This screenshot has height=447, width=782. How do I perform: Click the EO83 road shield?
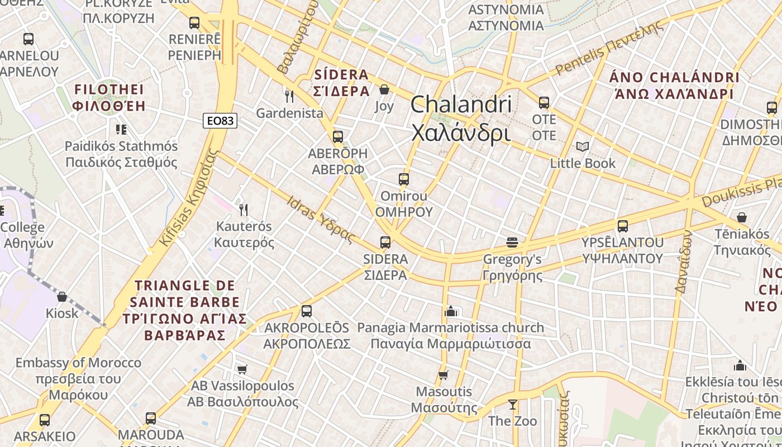point(220,121)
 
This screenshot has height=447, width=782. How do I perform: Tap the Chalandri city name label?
point(461,118)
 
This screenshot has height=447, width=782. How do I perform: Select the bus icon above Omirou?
point(404,179)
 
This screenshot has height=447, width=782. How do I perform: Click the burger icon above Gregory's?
point(512,242)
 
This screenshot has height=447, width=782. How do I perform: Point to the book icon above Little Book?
point(583,146)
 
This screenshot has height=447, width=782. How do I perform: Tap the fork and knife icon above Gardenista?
point(289,96)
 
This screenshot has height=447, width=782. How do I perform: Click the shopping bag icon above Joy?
point(384,89)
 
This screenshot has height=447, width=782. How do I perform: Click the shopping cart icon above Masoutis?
point(444,375)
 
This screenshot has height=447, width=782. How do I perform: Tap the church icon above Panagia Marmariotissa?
point(451,311)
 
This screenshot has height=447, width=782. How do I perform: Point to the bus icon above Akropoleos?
point(307,311)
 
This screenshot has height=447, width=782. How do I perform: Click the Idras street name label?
point(321,219)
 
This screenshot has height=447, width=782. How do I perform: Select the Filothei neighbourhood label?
point(109,98)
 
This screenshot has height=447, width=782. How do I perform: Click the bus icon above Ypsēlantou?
point(623,226)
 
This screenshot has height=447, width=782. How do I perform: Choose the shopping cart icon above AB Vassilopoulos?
point(242,369)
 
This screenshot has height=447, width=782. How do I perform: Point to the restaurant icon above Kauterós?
point(243,210)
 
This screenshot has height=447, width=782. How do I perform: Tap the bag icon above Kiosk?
point(62,296)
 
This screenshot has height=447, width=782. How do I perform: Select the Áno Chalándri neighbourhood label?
point(674,85)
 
